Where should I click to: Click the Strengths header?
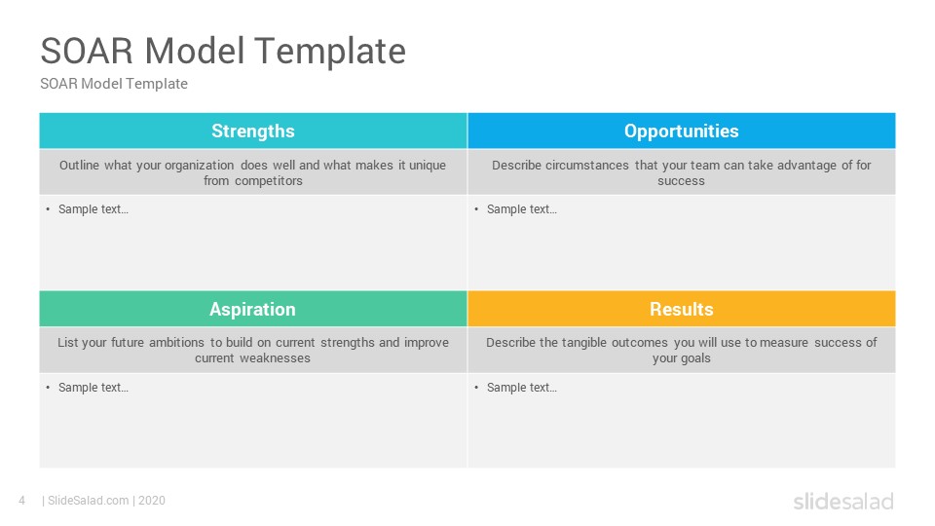(253, 131)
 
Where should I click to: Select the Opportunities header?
(682, 131)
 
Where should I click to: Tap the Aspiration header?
(253, 309)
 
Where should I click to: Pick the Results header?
(682, 309)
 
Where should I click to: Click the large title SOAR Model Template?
(223, 51)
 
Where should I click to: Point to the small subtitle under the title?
(114, 84)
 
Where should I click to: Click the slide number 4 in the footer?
(22, 501)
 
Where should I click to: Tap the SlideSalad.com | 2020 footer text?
(104, 501)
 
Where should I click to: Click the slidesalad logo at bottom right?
(843, 501)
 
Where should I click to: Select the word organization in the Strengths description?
(199, 166)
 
